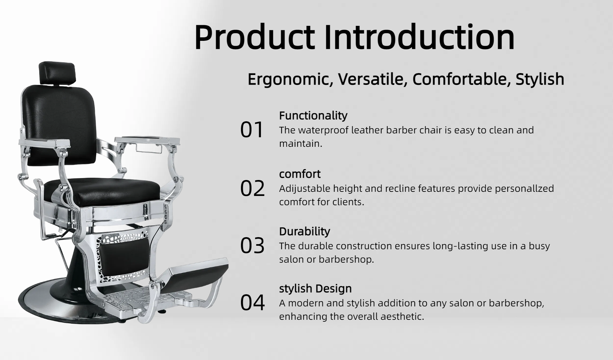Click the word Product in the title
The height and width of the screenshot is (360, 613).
click(254, 37)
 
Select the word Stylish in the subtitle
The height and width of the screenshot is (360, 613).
click(540, 79)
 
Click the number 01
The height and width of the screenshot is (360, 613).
click(252, 130)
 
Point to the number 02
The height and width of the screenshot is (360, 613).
click(252, 188)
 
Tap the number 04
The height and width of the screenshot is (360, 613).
click(252, 303)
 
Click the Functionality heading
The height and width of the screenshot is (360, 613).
click(313, 116)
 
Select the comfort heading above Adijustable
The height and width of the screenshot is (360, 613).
click(300, 174)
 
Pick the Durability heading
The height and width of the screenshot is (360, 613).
click(305, 231)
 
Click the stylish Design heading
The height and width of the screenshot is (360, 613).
click(315, 289)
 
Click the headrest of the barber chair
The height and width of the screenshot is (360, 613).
click(58, 73)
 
